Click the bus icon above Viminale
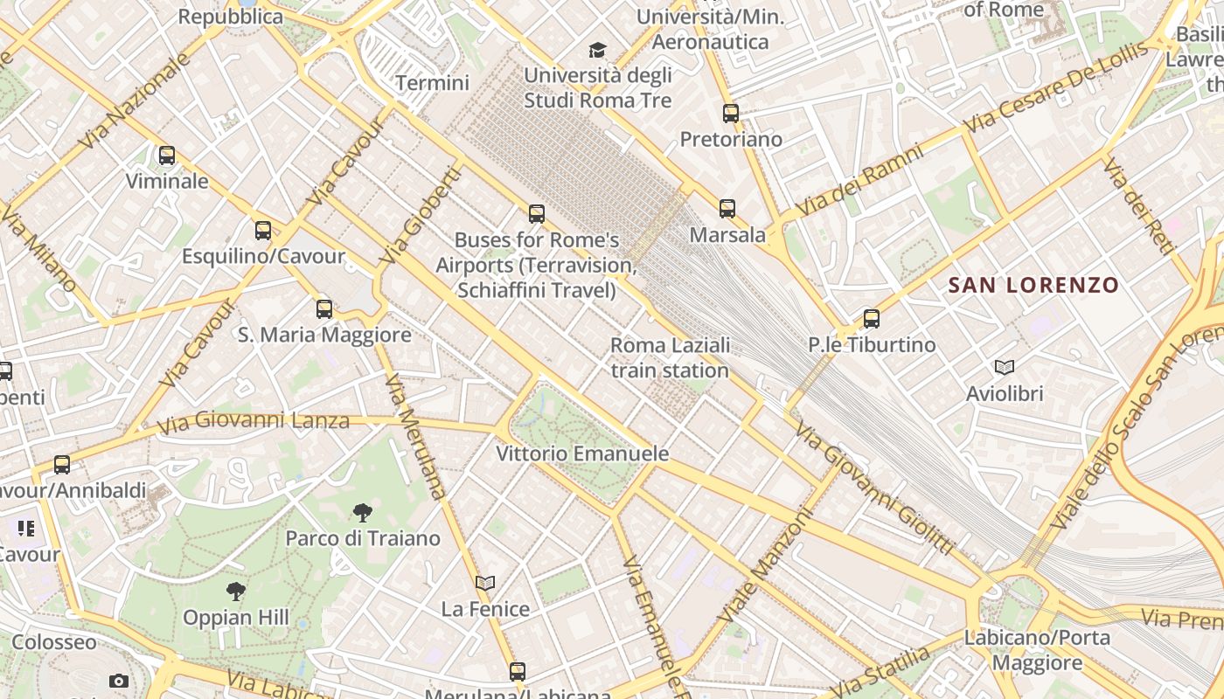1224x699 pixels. click(x=166, y=156)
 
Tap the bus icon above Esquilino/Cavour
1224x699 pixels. click(x=263, y=231)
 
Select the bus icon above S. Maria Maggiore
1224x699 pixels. click(x=324, y=308)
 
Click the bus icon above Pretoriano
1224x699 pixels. click(x=731, y=114)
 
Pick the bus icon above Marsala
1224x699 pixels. click(x=727, y=209)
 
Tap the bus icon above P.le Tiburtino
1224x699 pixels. click(x=871, y=319)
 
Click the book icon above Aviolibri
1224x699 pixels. click(x=1005, y=368)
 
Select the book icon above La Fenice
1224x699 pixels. click(x=485, y=583)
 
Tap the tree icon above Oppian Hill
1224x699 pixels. click(x=235, y=592)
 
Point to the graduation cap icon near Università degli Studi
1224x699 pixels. click(x=597, y=50)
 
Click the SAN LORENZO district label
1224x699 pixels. click(x=1033, y=285)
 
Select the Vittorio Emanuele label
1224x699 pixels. click(x=582, y=453)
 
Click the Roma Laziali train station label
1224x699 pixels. click(x=670, y=357)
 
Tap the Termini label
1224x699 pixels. click(x=432, y=83)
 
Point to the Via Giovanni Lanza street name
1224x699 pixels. click(x=254, y=422)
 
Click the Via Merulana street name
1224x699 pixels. click(x=415, y=437)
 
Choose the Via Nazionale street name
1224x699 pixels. click(x=136, y=100)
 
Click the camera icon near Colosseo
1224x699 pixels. click(x=119, y=681)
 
